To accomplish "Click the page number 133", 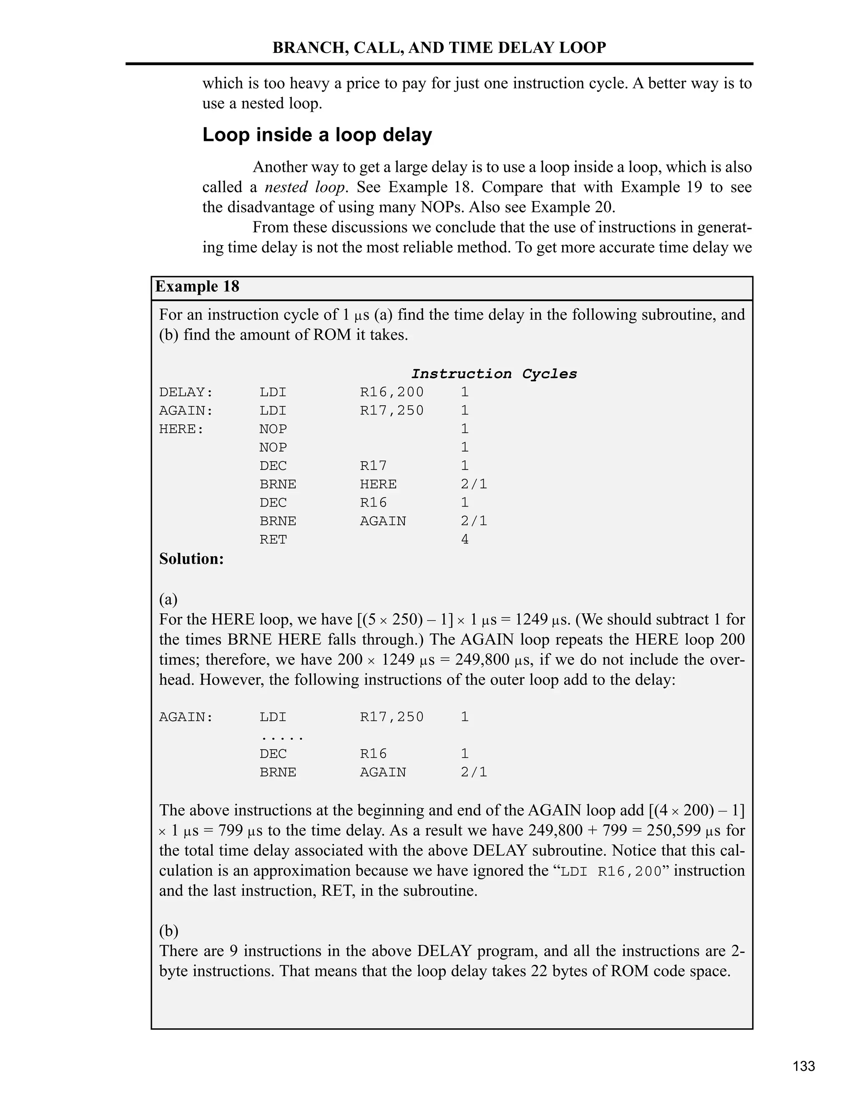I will pos(804,1067).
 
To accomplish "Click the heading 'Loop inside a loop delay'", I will pos(317,135).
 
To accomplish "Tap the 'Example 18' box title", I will pos(197,287).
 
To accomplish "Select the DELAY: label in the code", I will pos(186,392).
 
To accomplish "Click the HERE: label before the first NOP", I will pos(181,429).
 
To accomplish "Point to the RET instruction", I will pos(273,539).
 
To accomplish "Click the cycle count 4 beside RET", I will pos(465,539).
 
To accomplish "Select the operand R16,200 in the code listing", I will pos(392,392).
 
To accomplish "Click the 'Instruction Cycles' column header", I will pos(493,374).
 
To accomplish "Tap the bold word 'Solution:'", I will pos(191,559).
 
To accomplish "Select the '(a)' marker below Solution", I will pos(168,600).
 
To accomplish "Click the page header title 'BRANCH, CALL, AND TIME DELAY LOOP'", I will pos(439,48).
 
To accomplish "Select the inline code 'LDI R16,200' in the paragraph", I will pos(611,871).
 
